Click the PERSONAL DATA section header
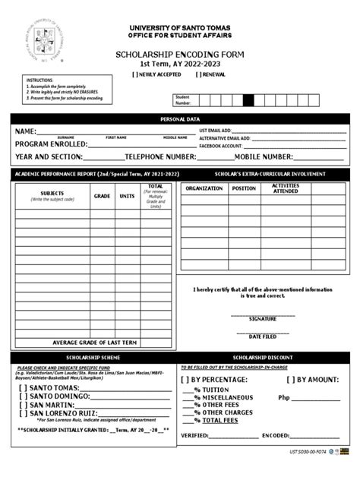pyautogui.click(x=180, y=119)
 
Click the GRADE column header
pyautogui.click(x=102, y=196)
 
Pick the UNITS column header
pyautogui.click(x=127, y=196)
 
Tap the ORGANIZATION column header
pyautogui.click(x=204, y=188)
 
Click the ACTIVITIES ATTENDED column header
pyautogui.click(x=286, y=188)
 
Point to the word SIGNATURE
pyautogui.click(x=263, y=319)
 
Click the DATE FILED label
pyautogui.click(x=263, y=336)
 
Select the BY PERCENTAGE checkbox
pyautogui.click(x=185, y=379)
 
